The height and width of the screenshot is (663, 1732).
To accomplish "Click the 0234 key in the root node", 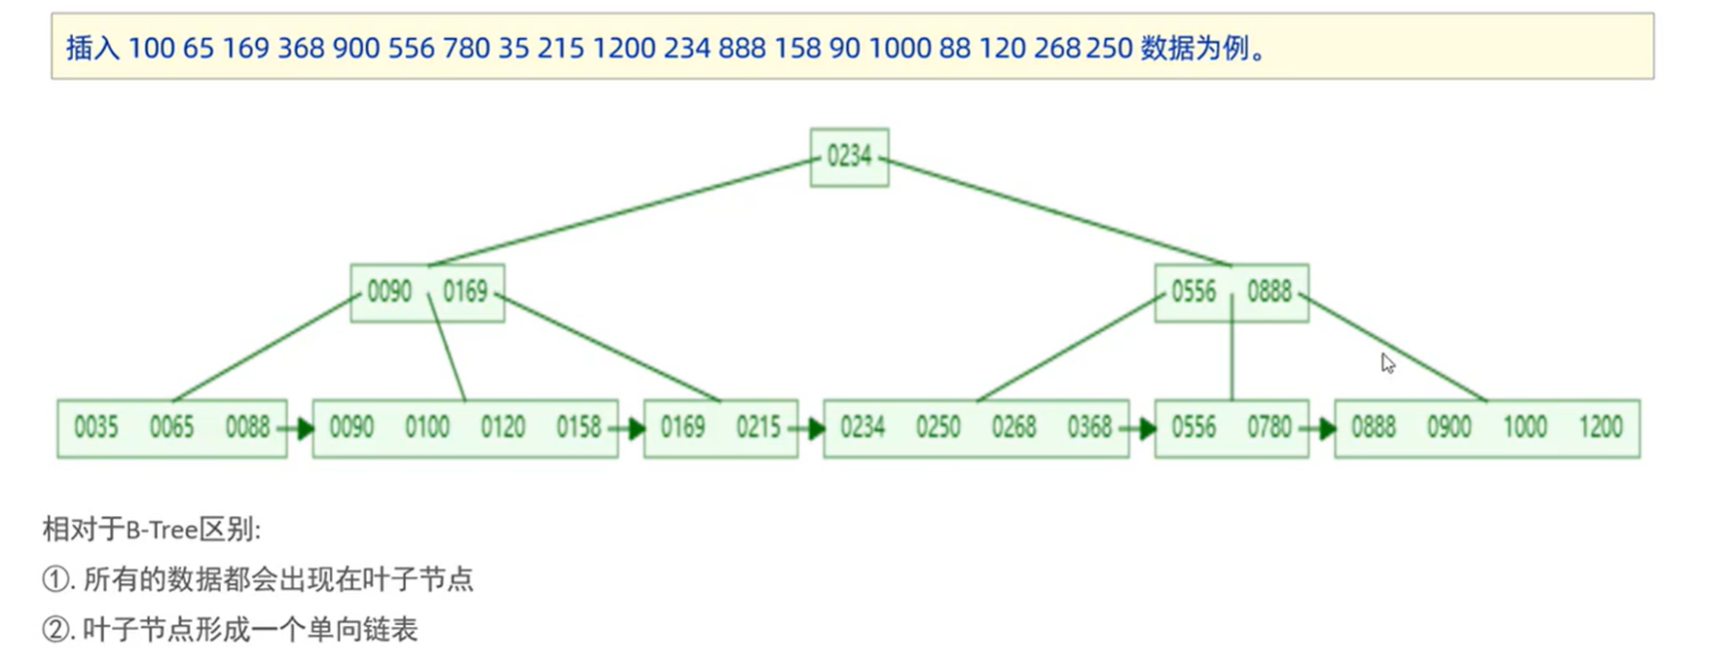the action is click(849, 156).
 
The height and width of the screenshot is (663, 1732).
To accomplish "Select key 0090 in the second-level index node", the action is click(389, 291).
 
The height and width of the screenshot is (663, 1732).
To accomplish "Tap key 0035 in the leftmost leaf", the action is click(95, 426).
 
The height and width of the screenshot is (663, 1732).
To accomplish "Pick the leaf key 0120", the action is click(502, 426).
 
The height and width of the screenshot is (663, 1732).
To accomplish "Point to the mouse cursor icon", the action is click(1387, 363).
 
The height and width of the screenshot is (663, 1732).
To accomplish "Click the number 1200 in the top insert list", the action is click(623, 48).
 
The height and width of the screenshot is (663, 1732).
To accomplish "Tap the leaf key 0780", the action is click(1270, 426).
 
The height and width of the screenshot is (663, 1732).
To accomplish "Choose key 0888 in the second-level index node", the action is click(1270, 291).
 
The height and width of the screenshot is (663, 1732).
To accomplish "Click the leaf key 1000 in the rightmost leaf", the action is click(1525, 426).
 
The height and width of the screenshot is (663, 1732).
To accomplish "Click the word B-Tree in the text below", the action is click(162, 530).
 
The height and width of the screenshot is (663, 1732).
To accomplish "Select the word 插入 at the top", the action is click(92, 48).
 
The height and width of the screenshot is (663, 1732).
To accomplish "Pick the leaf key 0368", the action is click(1089, 426).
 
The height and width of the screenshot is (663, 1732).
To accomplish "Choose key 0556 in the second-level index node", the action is click(1194, 291).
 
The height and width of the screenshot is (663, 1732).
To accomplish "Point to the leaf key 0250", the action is click(938, 426).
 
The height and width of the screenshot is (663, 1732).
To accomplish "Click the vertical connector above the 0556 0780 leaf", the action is click(1232, 360).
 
